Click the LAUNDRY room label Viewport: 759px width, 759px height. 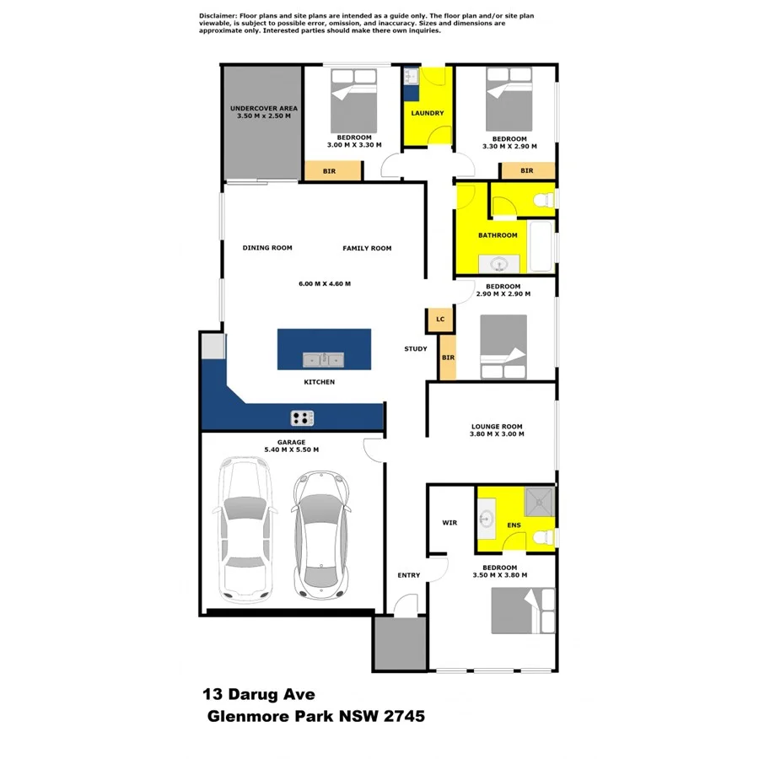(x=427, y=113)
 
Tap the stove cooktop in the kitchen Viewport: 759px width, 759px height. (x=302, y=417)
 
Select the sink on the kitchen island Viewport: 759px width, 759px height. (x=324, y=360)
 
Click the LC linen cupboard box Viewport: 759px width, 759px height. (x=439, y=320)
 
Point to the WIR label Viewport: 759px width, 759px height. (x=449, y=523)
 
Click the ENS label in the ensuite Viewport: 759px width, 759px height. (x=514, y=525)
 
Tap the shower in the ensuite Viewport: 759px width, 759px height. (x=539, y=502)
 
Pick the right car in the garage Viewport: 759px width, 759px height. (x=320, y=531)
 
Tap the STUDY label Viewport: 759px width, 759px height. (x=416, y=348)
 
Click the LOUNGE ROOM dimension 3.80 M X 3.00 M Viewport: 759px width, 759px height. (x=498, y=435)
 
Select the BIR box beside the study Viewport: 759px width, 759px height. (x=448, y=358)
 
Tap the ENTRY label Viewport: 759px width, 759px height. (x=408, y=575)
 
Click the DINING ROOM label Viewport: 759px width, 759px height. (x=267, y=248)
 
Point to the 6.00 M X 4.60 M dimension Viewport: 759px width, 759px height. (x=324, y=283)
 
